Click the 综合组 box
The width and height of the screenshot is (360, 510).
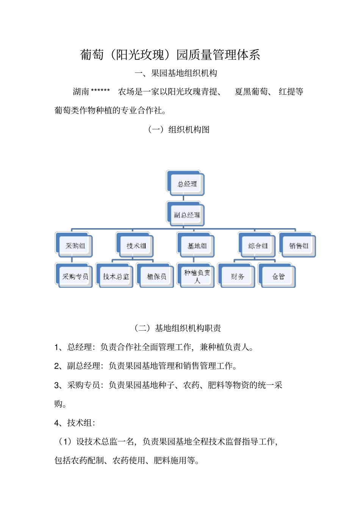click(x=258, y=246)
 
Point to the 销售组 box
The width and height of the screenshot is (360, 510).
click(x=298, y=246)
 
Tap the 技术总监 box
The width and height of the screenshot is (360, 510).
click(x=116, y=276)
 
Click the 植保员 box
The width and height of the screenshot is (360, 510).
click(x=156, y=276)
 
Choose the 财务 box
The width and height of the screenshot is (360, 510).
click(x=237, y=276)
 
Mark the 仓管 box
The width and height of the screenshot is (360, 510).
click(x=278, y=276)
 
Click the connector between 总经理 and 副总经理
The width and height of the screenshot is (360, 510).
click(x=183, y=198)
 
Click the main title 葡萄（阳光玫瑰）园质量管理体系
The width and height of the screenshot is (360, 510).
click(x=170, y=55)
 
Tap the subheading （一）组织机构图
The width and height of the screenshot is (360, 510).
click(x=178, y=130)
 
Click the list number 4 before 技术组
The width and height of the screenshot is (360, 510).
click(x=56, y=423)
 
